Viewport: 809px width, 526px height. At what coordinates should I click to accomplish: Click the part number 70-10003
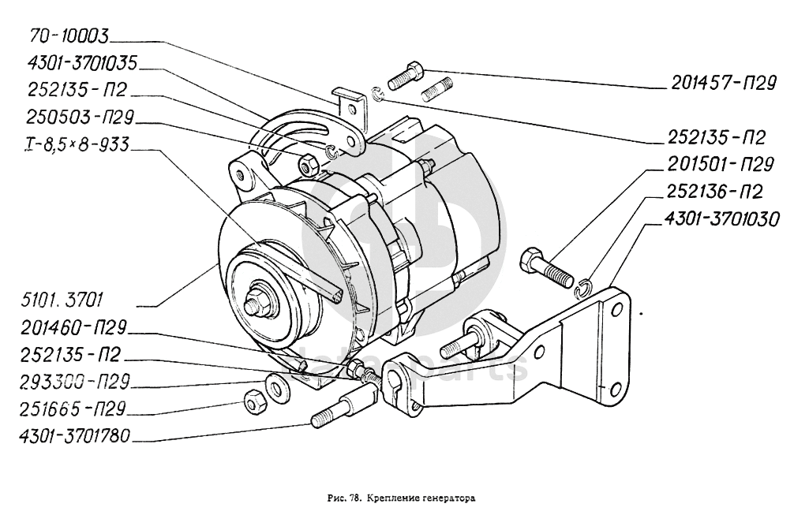click(x=68, y=35)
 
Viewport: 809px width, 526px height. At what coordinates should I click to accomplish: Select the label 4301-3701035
click(x=81, y=62)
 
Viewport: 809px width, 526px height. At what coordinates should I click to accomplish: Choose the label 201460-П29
click(x=76, y=327)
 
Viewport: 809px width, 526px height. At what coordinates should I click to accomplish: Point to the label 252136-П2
click(x=715, y=191)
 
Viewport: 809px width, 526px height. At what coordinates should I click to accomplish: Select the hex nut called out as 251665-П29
click(x=254, y=402)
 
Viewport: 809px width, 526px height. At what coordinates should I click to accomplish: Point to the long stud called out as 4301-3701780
click(x=338, y=413)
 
